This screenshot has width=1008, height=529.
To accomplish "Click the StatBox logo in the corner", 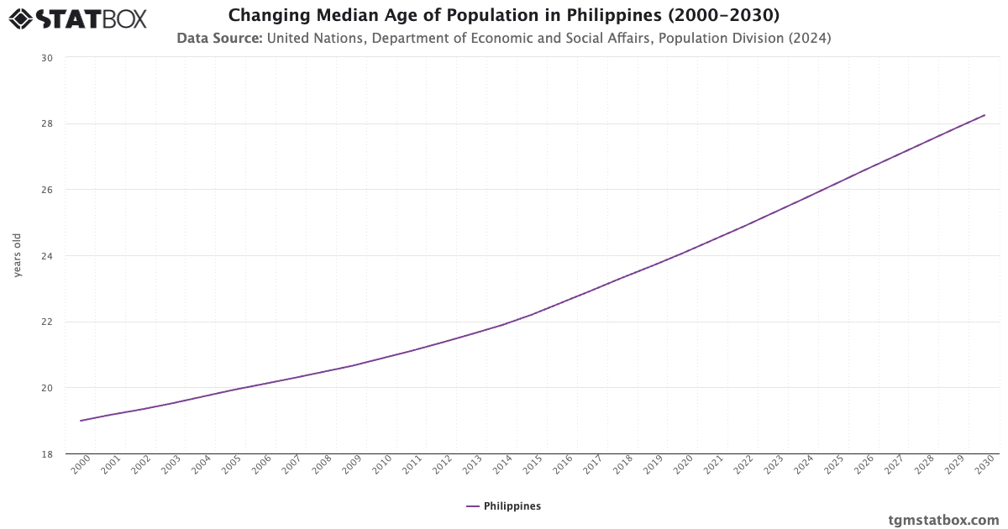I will (x=77, y=18).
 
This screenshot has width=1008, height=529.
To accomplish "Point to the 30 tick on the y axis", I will (x=46, y=58).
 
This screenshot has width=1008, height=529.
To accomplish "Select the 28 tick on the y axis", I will (x=46, y=123).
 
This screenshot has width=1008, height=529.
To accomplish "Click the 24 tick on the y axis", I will (x=46, y=256).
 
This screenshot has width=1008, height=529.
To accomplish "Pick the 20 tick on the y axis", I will (x=46, y=388).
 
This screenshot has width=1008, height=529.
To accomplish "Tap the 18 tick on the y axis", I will (x=46, y=454).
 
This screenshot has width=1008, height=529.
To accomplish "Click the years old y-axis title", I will (x=18, y=255).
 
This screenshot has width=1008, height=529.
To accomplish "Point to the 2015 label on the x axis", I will (x=531, y=467).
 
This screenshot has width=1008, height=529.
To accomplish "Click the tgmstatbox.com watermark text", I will (x=944, y=520).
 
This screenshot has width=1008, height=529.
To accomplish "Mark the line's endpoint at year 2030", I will (x=984, y=115).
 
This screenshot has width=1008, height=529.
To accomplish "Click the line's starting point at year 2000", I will (x=81, y=421).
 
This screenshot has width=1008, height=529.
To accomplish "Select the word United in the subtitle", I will (x=290, y=38).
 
